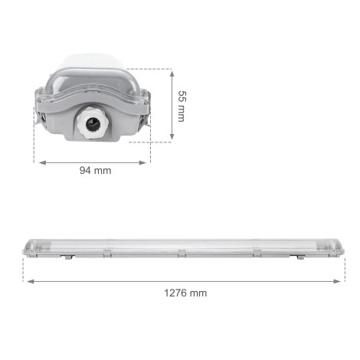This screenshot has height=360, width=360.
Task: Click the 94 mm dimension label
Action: (96, 170)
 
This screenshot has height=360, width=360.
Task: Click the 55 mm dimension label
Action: (181, 106)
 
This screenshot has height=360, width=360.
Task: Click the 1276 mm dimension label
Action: (185, 293)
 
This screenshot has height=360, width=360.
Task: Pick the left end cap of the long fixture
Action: (28, 247)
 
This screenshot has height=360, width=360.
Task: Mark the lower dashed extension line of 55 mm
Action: (161, 143)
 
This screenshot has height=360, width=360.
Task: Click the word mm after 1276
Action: (198, 293)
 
